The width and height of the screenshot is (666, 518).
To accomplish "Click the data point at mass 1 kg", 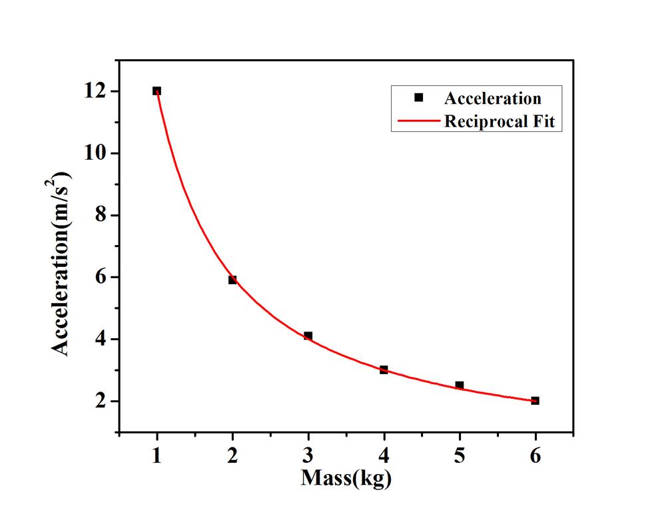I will pos(157,91).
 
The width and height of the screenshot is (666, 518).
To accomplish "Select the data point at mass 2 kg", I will pos(232,280).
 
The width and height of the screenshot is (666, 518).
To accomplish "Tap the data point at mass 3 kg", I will pos(308,336).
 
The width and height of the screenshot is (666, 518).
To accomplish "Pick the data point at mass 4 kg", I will pos(384,370).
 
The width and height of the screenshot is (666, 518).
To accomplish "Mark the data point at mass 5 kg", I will pos(460,386).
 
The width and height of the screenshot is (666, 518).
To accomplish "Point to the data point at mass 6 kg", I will pos(535,401).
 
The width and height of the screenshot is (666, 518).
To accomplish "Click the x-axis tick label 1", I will pos(157,455).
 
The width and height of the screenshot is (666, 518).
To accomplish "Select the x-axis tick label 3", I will pos(308,455).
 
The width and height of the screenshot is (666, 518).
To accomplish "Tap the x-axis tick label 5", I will pos(460,455).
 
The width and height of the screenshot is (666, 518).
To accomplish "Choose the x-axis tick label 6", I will pos(535,455).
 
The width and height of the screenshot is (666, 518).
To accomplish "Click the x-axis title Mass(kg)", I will pos(346,478).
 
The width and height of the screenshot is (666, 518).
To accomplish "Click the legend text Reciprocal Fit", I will pos(499,122).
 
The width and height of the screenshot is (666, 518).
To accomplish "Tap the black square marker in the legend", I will pos(418,98).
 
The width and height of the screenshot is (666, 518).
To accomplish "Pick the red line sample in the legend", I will pos(419,122).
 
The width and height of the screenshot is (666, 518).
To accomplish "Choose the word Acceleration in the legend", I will pos(493,99).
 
